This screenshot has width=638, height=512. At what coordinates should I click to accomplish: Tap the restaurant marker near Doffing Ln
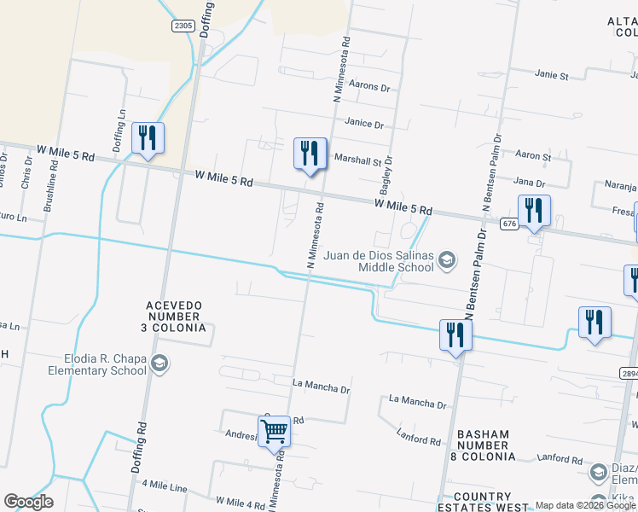[148, 138]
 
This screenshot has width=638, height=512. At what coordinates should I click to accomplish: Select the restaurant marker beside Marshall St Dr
[310, 154]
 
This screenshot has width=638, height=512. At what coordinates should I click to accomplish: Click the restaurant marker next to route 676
[534, 211]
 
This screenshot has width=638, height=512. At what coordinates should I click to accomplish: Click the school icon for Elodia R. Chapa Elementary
[159, 365]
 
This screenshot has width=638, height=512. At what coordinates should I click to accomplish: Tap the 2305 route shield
[183, 26]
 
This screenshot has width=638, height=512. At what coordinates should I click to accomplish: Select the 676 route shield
[509, 224]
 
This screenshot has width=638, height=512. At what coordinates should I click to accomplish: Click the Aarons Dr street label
[369, 87]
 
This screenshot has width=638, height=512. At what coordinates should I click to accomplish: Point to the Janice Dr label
[364, 124]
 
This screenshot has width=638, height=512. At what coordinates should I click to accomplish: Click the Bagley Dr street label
[388, 172]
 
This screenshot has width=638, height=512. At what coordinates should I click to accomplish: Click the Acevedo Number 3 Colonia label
[175, 316]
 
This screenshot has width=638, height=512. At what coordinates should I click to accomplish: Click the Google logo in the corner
[27, 502]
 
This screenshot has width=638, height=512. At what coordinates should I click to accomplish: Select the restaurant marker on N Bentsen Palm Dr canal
[455, 335]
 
